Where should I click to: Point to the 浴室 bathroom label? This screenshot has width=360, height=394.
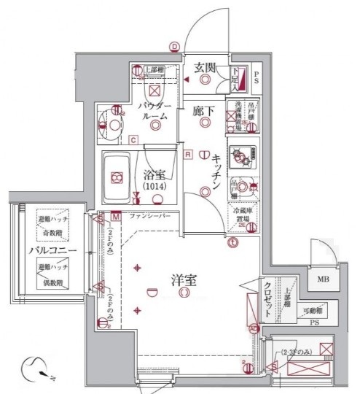tap(153, 175)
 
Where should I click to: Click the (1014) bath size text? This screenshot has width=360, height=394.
tap(154, 187)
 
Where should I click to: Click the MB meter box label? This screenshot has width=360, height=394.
tap(322, 278)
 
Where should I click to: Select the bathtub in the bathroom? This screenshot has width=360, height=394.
tap(116, 177)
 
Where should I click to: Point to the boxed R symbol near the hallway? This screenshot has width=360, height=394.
tap(187, 154)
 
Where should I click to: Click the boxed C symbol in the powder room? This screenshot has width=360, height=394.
tap(133, 140)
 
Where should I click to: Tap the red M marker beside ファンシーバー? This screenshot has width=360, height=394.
tap(117, 217)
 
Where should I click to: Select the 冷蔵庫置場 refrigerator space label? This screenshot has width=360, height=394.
tap(243, 213)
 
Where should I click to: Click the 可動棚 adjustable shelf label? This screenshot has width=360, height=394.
tap(314, 310)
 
